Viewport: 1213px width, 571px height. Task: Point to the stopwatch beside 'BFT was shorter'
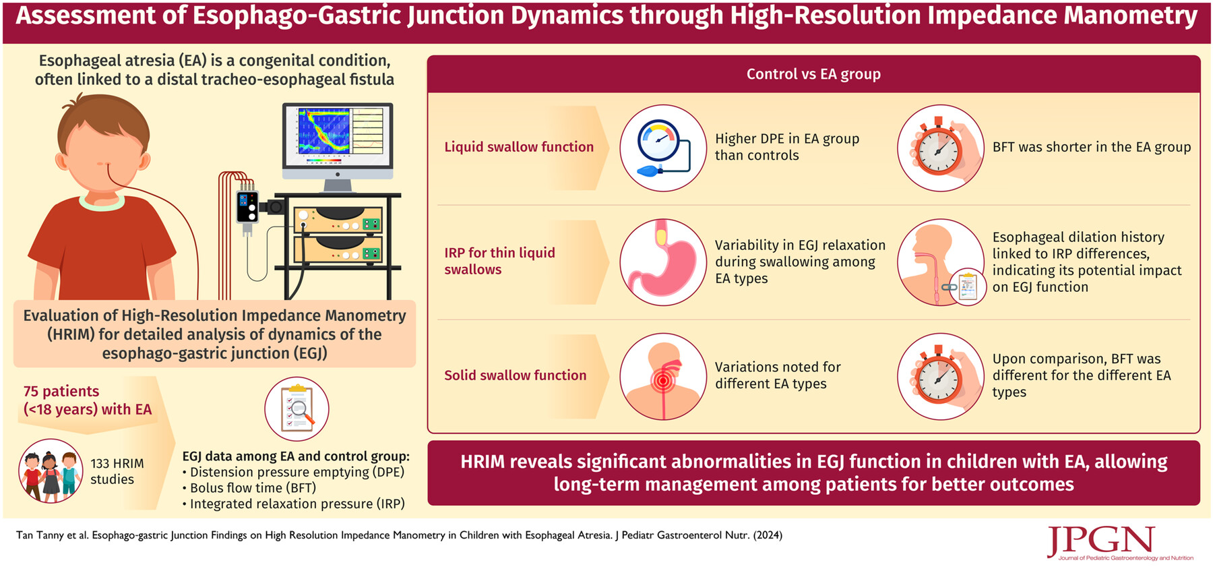pyautogui.click(x=941, y=148)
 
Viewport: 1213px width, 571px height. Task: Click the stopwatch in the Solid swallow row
pyautogui.click(x=941, y=376)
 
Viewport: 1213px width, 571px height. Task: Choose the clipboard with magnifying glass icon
pyautogui.click(x=297, y=409)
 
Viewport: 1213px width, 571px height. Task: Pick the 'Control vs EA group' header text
pyautogui.click(x=813, y=74)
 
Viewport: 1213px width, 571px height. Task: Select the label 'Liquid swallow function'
pyautogui.click(x=519, y=147)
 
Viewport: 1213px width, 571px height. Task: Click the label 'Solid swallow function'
pyautogui.click(x=516, y=375)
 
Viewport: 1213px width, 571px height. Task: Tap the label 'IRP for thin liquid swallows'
pyautogui.click(x=500, y=261)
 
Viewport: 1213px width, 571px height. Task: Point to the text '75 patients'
pyautogui.click(x=61, y=391)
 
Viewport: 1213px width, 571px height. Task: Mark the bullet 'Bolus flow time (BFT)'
pyautogui.click(x=249, y=488)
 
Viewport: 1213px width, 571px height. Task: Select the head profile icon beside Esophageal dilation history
pyautogui.click(x=941, y=262)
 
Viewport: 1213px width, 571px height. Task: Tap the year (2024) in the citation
pyautogui.click(x=768, y=535)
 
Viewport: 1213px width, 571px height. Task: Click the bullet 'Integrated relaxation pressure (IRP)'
pyautogui.click(x=294, y=504)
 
